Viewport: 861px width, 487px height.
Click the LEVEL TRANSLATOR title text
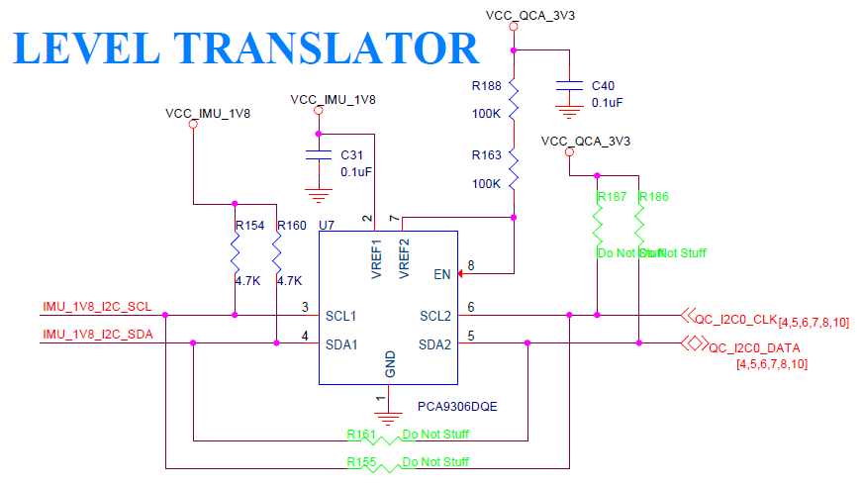(245, 49)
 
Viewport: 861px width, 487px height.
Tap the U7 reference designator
(328, 226)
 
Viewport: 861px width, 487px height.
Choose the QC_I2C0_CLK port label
(736, 320)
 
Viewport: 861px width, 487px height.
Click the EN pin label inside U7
(442, 273)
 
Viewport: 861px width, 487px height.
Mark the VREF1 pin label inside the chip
(377, 260)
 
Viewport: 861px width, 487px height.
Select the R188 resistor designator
(486, 86)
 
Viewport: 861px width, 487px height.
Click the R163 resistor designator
(486, 155)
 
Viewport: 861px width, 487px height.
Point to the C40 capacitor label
(603, 86)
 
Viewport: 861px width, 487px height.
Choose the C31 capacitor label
(352, 155)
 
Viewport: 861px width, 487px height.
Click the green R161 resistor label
(362, 434)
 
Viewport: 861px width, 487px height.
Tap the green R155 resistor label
(362, 461)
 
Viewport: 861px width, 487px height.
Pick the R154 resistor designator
(249, 226)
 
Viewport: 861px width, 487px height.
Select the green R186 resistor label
(654, 197)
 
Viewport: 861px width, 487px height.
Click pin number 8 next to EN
(471, 265)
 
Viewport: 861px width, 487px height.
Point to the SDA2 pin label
(435, 344)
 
